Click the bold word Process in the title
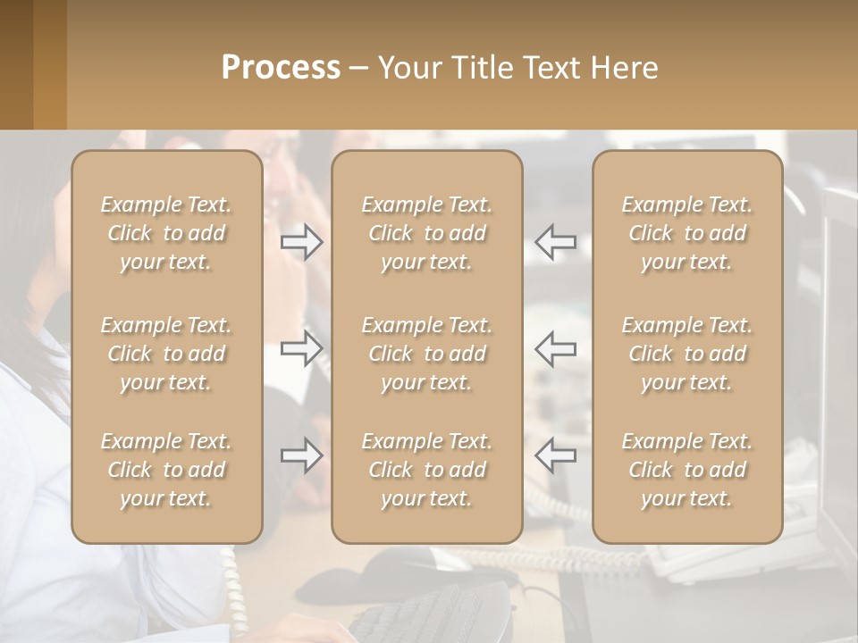[281, 68]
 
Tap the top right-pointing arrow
[301, 241]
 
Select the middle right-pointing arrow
[301, 347]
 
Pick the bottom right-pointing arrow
[301, 455]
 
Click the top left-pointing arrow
[555, 241]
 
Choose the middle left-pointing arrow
[555, 347]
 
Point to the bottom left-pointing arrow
[555, 455]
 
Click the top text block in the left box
[166, 233]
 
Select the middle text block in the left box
[166, 354]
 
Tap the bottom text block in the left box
[166, 470]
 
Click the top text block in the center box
[426, 233]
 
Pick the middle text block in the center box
[426, 354]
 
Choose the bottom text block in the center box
[426, 470]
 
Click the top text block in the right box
[686, 233]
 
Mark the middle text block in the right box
[686, 354]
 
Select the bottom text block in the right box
[686, 470]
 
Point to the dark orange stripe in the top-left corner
[16, 64]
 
